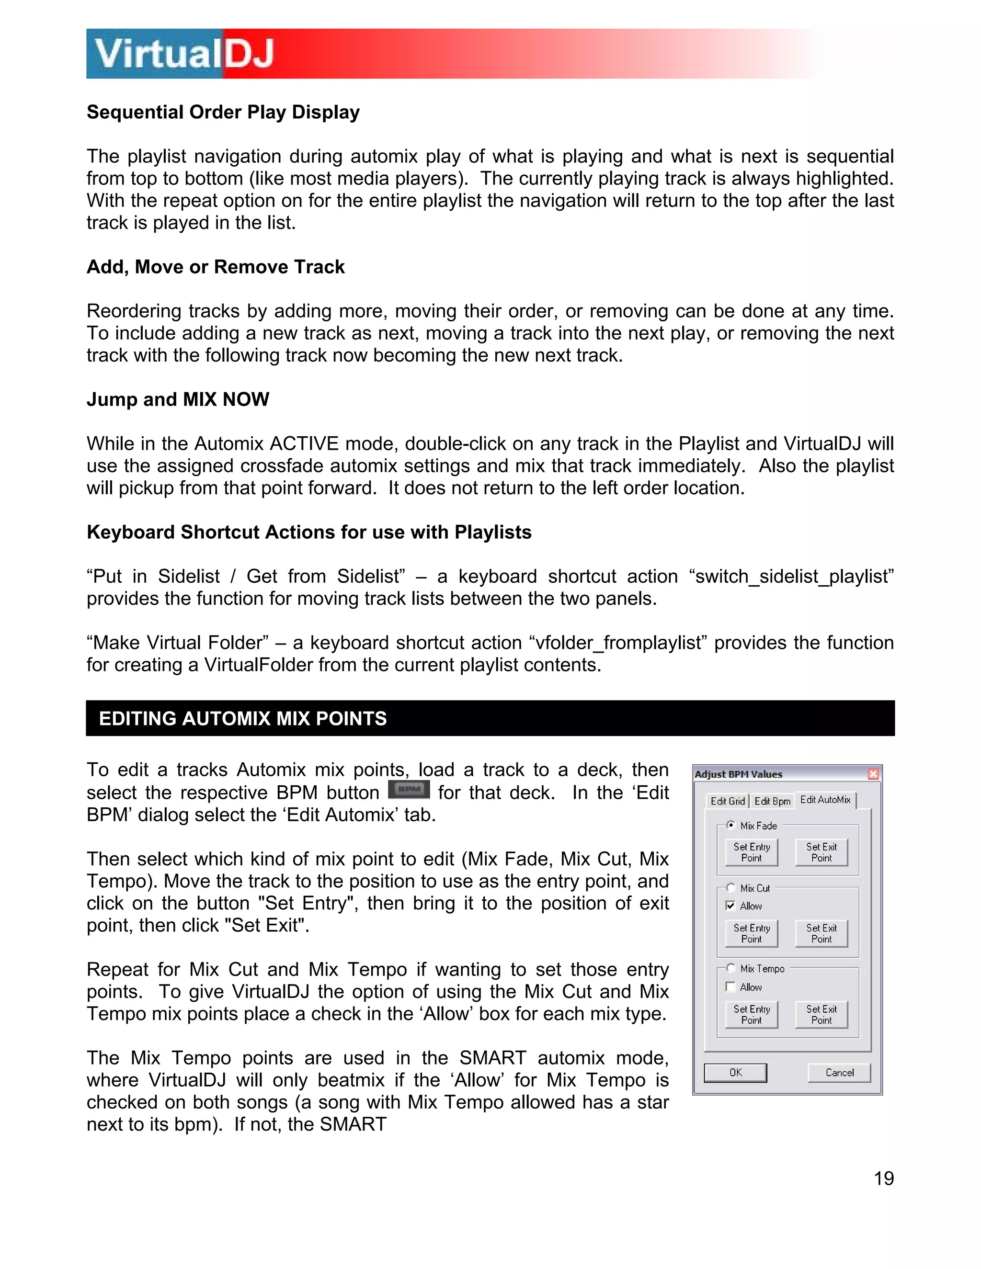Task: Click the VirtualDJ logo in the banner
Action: (183, 54)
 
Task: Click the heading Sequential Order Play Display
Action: (223, 112)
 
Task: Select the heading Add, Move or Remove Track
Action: (216, 267)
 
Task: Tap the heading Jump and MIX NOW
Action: (178, 399)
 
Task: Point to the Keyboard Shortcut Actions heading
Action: (308, 532)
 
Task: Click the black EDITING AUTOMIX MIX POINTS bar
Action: (490, 718)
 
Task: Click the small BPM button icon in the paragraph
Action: (409, 790)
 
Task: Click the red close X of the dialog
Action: (873, 774)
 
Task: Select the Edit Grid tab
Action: (728, 801)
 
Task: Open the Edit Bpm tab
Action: (772, 801)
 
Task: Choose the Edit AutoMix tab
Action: (825, 800)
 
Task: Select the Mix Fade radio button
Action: (731, 825)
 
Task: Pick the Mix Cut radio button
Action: (731, 887)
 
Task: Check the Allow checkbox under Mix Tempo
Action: (731, 986)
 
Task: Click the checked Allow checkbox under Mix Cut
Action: (731, 905)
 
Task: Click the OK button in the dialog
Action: (735, 1073)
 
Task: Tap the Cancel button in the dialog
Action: (839, 1073)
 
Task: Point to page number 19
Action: (883, 1178)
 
